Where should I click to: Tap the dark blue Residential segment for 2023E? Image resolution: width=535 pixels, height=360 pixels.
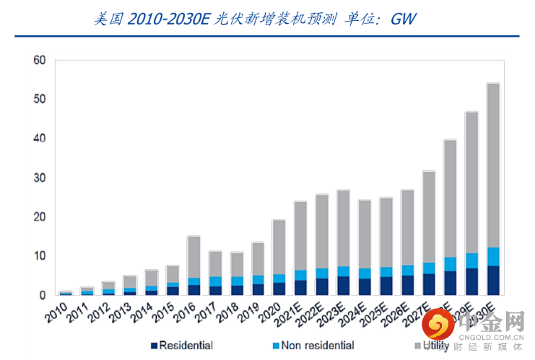coord(344,286)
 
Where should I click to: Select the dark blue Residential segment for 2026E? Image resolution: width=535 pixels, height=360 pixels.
coord(407,285)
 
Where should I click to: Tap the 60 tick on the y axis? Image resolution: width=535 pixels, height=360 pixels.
coord(40,60)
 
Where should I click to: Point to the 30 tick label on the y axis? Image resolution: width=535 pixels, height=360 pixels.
coord(40,177)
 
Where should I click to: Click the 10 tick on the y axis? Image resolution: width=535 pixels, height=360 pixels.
coord(40,256)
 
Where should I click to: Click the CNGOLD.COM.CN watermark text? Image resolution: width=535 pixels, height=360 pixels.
coord(495,335)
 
